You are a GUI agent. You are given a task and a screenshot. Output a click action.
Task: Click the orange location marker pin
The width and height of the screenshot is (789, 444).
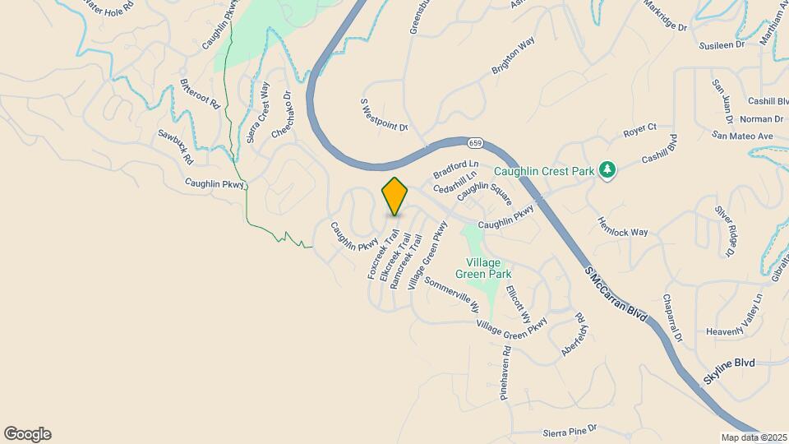[394, 196]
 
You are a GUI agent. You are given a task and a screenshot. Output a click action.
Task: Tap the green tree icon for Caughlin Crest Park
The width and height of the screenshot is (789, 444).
[607, 170]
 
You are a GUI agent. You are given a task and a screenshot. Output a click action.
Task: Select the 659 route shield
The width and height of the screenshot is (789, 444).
[474, 143]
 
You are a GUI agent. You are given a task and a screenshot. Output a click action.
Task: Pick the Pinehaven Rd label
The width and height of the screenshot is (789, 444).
[506, 372]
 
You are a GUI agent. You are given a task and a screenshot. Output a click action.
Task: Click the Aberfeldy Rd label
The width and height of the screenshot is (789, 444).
[574, 333]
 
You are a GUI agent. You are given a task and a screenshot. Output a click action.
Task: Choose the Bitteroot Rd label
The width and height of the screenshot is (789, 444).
[201, 95]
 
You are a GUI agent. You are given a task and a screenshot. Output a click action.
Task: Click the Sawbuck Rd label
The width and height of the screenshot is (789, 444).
[176, 146]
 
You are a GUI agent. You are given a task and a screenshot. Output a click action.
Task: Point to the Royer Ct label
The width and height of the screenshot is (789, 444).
[639, 129]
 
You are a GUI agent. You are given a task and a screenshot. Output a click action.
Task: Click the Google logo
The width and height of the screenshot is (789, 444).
[27, 434]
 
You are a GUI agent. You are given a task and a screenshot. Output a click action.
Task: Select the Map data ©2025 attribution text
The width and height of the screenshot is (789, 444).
[754, 437]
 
